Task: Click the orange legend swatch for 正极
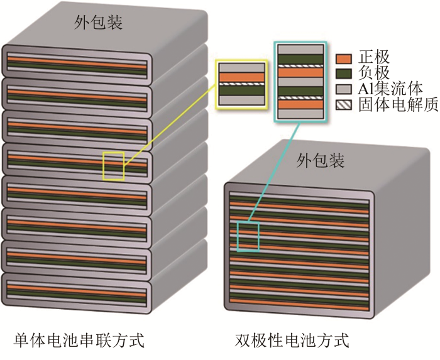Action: point(343,59)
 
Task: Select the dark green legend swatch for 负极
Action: point(343,74)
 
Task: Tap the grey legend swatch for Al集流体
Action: point(343,89)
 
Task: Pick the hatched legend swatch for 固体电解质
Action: point(343,104)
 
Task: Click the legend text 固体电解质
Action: point(398,104)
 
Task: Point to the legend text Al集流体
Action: point(390,89)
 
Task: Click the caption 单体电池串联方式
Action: point(79,340)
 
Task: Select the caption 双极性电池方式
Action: point(292,340)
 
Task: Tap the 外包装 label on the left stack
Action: point(98,23)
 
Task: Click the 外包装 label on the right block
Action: point(321,161)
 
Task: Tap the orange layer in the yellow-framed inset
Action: point(242,77)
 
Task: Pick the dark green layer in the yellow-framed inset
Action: point(242,90)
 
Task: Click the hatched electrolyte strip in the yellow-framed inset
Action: point(242,84)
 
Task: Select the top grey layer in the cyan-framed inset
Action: point(300,50)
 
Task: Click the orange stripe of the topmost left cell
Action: point(77,63)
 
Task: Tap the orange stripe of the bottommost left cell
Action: point(77,291)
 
